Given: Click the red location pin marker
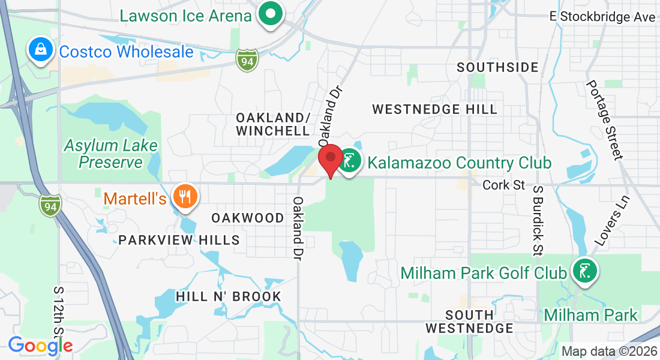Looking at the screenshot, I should point(330,161).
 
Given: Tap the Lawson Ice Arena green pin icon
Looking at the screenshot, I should point(271,14).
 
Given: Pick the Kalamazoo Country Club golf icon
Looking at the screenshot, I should point(349,161).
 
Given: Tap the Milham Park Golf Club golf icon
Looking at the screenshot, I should point(583,271).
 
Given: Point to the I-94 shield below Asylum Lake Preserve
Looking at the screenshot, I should point(50,205).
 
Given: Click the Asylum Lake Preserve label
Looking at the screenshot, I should point(111,154).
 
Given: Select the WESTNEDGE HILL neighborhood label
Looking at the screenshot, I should point(435,109).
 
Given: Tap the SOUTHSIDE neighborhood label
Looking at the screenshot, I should point(497,67).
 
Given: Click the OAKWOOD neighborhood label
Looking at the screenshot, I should point(248,218).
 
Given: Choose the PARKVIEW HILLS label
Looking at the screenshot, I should point(179,240).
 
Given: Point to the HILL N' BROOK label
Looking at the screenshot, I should point(228,296).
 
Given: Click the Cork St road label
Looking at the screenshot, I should point(504,185).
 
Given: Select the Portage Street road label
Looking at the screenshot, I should point(604,120).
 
